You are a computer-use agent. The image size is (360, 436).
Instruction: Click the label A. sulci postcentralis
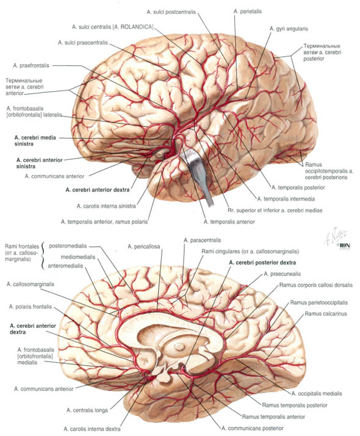171,12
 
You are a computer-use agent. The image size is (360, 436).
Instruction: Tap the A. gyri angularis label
289,29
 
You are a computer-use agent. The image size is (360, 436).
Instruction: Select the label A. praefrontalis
31,65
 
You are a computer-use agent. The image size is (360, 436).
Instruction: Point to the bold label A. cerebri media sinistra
35,140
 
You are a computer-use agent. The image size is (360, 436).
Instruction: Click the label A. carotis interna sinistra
106,206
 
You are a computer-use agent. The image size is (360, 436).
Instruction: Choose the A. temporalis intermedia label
286,199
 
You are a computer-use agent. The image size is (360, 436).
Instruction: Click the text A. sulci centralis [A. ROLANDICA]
112,27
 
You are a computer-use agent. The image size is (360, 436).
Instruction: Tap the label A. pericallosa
143,246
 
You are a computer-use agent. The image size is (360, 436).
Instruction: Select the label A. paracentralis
202,240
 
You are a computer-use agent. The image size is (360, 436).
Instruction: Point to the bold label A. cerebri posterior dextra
262,263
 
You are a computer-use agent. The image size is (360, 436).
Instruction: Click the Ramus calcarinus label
326,314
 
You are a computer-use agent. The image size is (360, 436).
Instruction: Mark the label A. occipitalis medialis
317,393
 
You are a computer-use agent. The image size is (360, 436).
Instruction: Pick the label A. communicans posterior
252,428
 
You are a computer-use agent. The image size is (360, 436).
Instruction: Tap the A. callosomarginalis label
31,284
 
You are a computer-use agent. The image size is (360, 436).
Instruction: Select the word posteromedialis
68,246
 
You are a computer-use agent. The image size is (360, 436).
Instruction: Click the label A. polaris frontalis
31,307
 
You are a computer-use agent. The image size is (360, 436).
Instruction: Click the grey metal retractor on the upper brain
197,172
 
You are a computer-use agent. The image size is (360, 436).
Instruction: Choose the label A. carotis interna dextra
92,429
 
